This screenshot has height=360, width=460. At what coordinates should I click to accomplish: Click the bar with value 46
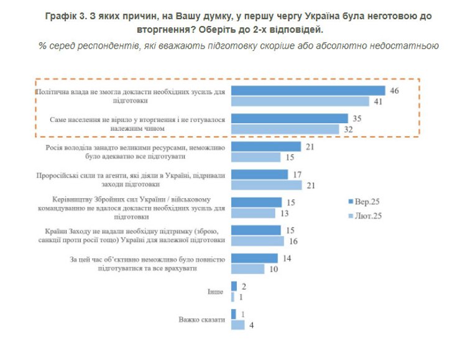308,91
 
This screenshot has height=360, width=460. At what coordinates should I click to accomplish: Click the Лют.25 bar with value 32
285,129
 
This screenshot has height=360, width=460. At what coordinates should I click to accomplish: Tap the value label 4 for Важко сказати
251,325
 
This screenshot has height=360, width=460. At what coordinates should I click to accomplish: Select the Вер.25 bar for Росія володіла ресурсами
266,146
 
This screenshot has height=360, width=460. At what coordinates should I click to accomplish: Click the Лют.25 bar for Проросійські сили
266,185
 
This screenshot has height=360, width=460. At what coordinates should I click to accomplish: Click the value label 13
285,213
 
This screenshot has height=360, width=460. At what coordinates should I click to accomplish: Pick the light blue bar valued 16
258,241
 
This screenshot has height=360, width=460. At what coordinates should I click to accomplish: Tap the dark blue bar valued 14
254,258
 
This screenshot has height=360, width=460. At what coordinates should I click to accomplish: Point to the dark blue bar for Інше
234,286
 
